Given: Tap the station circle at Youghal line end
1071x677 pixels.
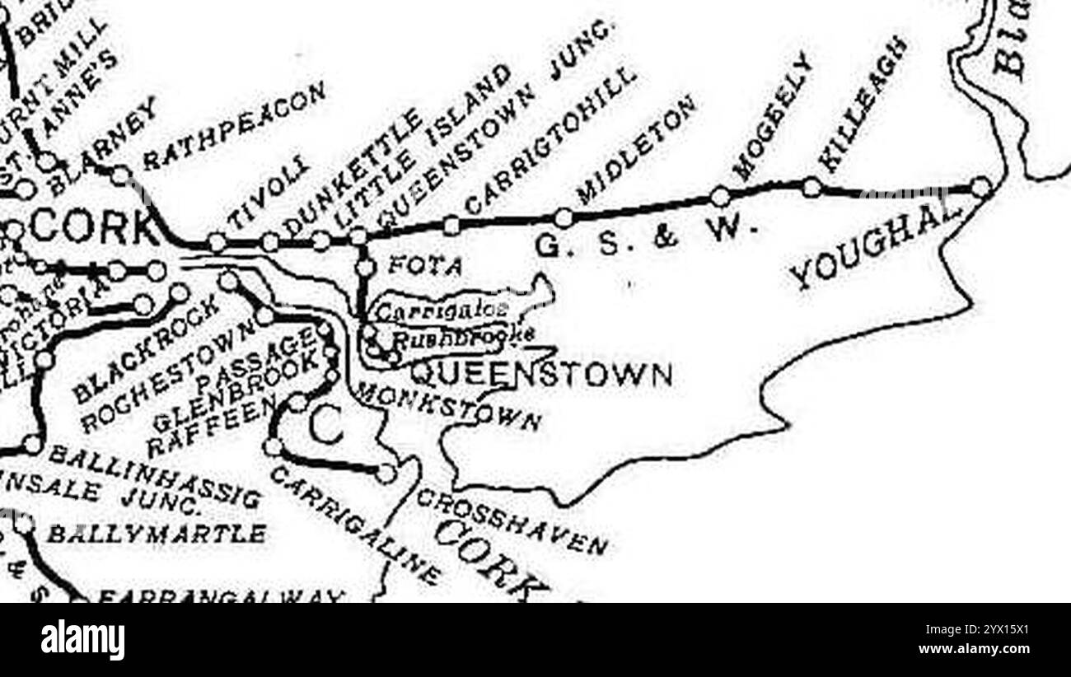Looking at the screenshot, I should (x=980, y=187).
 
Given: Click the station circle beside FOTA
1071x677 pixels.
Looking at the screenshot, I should (x=366, y=267).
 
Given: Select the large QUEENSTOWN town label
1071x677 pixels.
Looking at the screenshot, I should (x=540, y=375).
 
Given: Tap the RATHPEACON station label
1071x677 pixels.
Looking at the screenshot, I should (x=235, y=126).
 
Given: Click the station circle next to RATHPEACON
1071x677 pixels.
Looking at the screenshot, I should (x=121, y=175).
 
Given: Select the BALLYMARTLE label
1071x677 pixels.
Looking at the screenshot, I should (x=156, y=534).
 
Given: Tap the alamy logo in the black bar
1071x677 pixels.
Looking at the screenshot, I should (x=82, y=640).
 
